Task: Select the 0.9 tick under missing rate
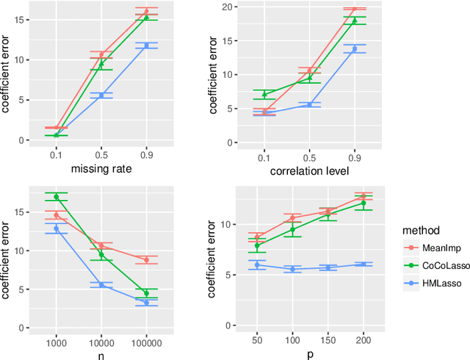146,156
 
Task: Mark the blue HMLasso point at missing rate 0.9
146,46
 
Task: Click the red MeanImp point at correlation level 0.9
354,10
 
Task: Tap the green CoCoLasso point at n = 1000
56,197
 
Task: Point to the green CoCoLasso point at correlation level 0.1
264,95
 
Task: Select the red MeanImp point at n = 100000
146,260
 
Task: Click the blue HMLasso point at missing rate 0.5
101,95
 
